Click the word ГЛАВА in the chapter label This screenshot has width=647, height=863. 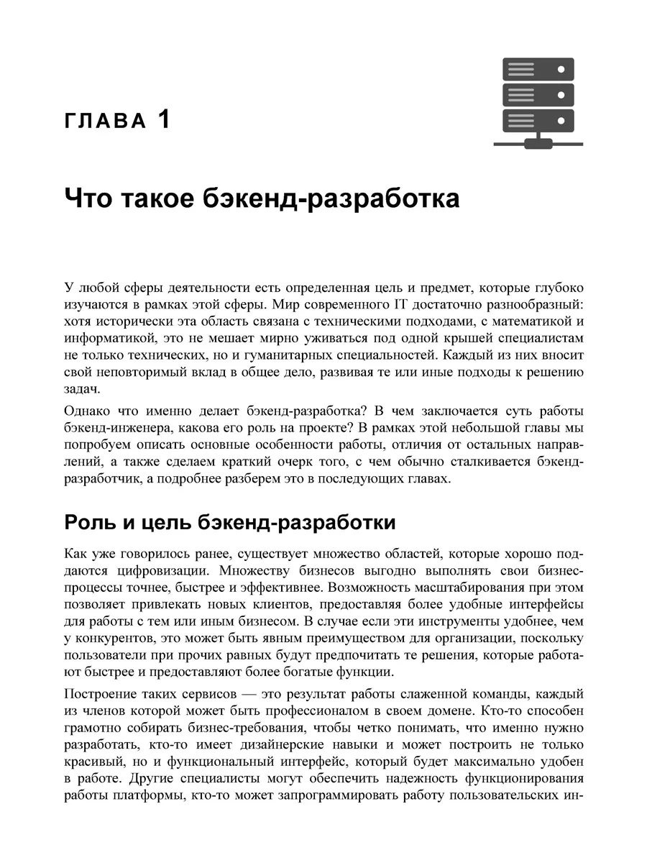(x=105, y=121)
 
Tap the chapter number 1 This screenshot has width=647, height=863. (x=164, y=119)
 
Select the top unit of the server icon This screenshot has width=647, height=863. (x=538, y=70)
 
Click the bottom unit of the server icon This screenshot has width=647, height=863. (x=538, y=119)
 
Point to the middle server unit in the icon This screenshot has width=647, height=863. (x=538, y=94)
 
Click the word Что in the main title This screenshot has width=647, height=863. (x=91, y=198)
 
